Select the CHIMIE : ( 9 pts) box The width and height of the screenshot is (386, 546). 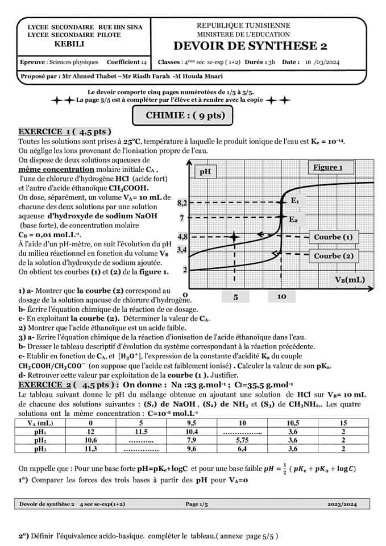point(185,115)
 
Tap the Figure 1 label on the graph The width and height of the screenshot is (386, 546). point(328,167)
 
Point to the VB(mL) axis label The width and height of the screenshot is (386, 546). point(350,280)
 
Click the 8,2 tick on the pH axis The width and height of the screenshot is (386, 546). point(182,202)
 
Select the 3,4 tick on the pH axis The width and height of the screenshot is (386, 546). point(182,249)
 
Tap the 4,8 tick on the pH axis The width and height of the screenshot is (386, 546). point(182,236)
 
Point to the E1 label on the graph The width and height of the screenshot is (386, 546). point(295,201)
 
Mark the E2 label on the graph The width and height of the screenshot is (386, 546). point(293,219)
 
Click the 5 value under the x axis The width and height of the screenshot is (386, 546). point(236,297)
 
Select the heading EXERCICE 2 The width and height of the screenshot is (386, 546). point(45,385)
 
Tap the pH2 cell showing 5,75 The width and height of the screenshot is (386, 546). point(243,440)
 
